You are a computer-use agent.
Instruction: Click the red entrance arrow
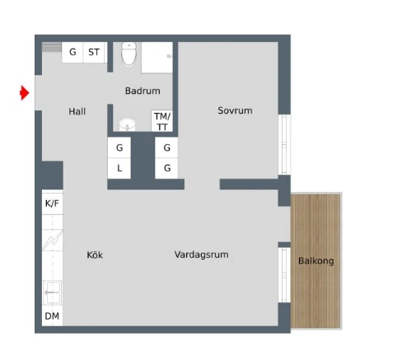(x=26, y=94)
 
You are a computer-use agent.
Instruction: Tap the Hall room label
(x=77, y=111)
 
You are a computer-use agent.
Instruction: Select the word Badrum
(x=142, y=91)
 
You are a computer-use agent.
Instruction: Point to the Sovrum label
(x=235, y=110)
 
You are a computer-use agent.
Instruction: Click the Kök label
(x=95, y=255)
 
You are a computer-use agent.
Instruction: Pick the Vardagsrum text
(x=202, y=255)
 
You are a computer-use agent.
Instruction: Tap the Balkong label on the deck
(x=316, y=261)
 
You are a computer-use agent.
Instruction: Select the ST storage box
(x=95, y=52)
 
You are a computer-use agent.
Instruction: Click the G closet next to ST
(x=72, y=52)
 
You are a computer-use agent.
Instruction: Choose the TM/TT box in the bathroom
(x=162, y=121)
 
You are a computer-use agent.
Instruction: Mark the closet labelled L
(x=119, y=168)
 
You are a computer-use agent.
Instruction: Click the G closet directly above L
(x=119, y=147)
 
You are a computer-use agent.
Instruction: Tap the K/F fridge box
(x=52, y=203)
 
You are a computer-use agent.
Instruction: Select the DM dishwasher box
(x=52, y=316)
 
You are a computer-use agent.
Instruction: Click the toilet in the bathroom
(x=128, y=54)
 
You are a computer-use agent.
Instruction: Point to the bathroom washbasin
(x=126, y=124)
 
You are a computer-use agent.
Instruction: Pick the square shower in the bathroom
(x=156, y=57)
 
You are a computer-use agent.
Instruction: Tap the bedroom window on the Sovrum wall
(x=284, y=143)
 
